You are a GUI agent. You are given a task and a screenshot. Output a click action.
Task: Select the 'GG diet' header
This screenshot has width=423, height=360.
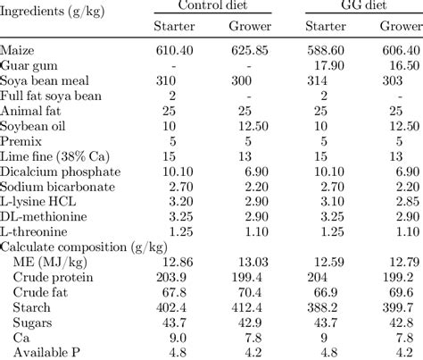(x=361, y=6)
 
